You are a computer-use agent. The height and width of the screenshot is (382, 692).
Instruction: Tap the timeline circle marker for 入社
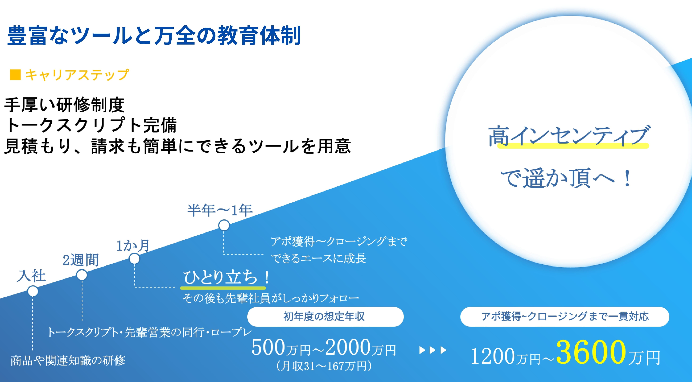(33, 291)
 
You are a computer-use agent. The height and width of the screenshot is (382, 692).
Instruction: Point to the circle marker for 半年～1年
(224, 225)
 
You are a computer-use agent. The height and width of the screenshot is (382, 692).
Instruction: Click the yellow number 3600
(591, 352)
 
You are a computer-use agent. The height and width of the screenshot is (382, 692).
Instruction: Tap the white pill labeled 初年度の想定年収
(325, 317)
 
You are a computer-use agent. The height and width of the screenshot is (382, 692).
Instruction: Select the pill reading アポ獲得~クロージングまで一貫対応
(565, 317)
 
